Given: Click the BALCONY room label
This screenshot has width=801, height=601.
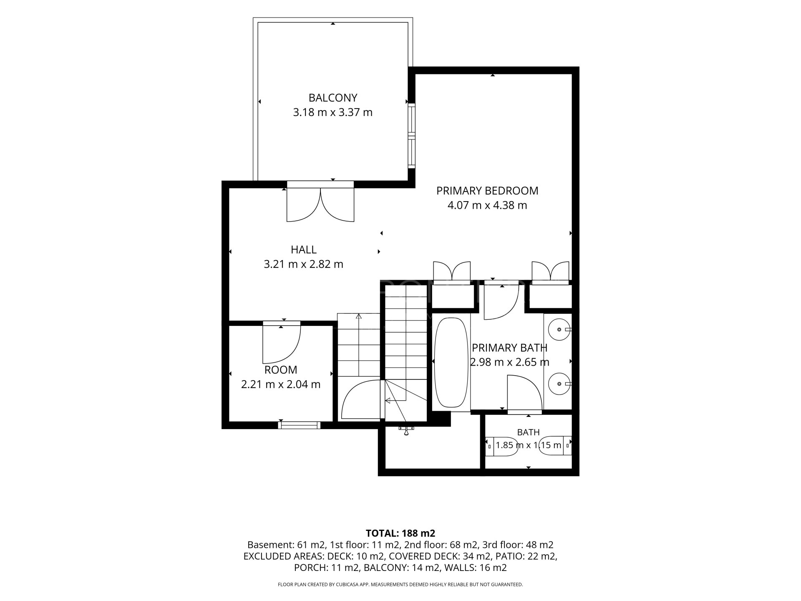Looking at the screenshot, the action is tap(333, 98).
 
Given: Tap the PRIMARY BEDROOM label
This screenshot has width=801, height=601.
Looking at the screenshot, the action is tap(487, 191).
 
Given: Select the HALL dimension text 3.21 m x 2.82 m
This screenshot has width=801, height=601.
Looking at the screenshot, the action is tap(304, 264).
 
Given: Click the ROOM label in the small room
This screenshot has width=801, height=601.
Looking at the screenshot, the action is tap(281, 370).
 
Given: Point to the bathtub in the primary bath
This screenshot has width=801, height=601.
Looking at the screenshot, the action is tap(451, 363).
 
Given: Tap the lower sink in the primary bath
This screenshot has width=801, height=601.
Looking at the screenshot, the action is tap(558, 383).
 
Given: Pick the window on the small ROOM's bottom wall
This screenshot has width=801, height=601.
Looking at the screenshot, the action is tap(300, 425).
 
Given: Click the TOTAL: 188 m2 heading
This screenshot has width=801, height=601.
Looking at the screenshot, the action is tap(400, 533).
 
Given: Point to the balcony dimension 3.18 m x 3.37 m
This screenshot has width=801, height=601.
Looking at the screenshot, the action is tap(333, 112).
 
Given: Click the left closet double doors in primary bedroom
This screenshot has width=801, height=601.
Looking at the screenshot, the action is tap(452, 272).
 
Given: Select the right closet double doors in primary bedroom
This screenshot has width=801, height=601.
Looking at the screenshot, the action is tap(550, 272).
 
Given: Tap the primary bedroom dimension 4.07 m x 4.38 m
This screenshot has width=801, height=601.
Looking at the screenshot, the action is tap(487, 205).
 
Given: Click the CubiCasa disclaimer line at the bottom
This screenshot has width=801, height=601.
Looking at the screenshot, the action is tap(400, 585).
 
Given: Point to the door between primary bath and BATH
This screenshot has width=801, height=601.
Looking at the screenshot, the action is tap(524, 394).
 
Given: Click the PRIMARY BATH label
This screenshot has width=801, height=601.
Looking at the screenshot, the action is tap(509, 348).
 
